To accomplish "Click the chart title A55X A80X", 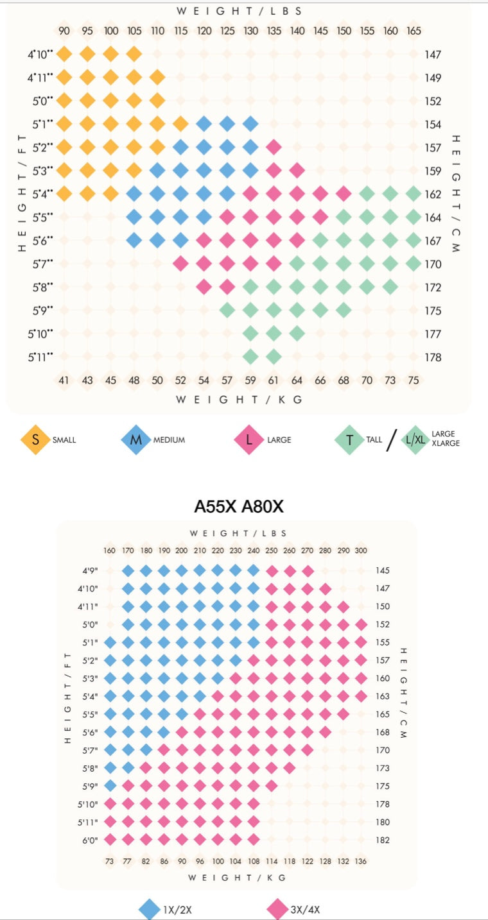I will [239, 507].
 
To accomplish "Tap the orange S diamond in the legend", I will [35, 439].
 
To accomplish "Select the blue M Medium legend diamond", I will [135, 439].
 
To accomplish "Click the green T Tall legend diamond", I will [349, 439].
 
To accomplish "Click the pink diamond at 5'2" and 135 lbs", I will [274, 148].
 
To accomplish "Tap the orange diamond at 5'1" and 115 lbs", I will [180, 124].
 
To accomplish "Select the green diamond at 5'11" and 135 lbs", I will [274, 357].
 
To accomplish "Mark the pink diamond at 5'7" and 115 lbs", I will [180, 263].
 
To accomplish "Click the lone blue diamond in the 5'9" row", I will [110, 785].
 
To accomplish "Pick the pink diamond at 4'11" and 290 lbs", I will [343, 606].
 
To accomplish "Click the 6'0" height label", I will [89, 840].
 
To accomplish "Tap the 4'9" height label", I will [89, 570].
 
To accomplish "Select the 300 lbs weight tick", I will [361, 550].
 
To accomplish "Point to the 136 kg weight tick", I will [361, 860].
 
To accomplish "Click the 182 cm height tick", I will [383, 840].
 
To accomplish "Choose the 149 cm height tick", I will [433, 78].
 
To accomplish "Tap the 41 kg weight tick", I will [64, 380].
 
